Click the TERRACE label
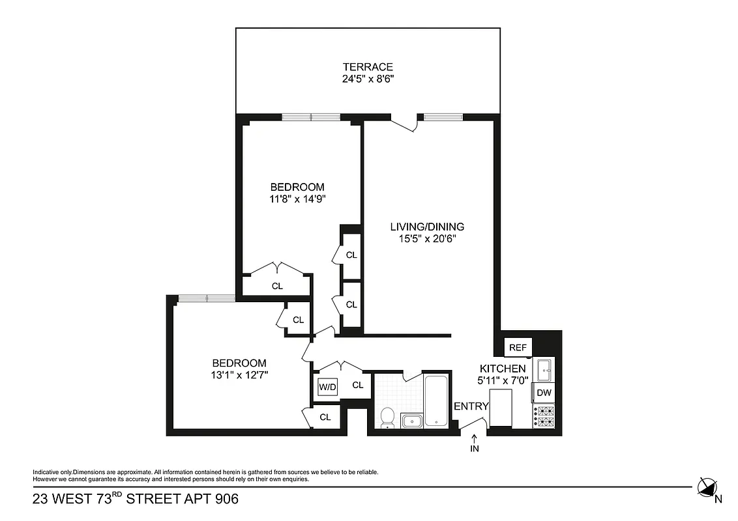pos(368,66)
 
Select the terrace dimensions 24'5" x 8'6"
pos(368,79)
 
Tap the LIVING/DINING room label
pos(426,227)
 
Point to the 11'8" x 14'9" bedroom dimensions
pos(297,199)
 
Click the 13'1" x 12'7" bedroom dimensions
pos(240,374)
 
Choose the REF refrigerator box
pos(517,348)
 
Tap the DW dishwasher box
pos(544,393)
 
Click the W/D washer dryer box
pos(327,387)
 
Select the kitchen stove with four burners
pos(544,417)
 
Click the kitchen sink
pos(544,370)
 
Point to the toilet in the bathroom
pos(387,418)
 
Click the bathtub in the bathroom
pos(435,401)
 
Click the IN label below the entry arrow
pos(474,449)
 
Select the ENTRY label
pos(471,406)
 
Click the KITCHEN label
pos(503,369)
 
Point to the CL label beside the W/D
pos(357,385)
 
